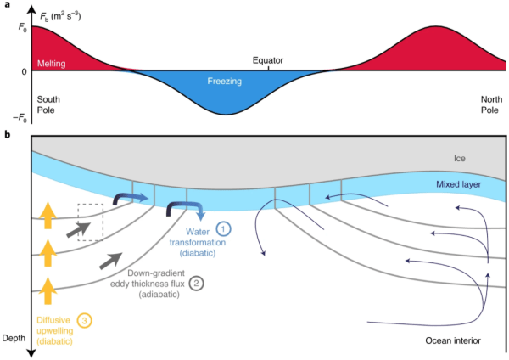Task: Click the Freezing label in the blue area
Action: tap(226, 82)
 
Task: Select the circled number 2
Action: tap(196, 284)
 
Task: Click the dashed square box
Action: tap(90, 222)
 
